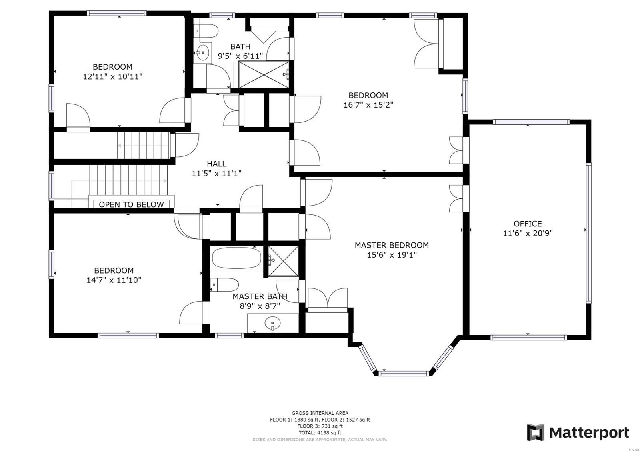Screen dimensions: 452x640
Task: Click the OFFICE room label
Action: (x=528, y=224)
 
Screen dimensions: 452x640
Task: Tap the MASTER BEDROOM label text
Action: (x=391, y=245)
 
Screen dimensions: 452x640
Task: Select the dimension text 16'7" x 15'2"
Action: (x=368, y=105)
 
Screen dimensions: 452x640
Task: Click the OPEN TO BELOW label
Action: (x=131, y=204)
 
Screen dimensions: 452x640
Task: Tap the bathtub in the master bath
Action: (x=236, y=258)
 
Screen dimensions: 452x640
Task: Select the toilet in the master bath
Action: (x=224, y=285)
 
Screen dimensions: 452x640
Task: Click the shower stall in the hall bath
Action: (x=264, y=74)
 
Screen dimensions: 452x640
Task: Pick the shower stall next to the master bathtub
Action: (x=283, y=261)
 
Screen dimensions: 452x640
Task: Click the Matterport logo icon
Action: (x=536, y=432)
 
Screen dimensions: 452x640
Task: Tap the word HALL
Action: (x=216, y=164)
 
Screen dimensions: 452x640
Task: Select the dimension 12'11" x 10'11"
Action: (x=112, y=76)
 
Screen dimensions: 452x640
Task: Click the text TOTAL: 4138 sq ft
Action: (x=320, y=432)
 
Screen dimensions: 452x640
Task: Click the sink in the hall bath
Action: (x=203, y=52)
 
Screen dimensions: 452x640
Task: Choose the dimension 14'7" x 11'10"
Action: (x=114, y=280)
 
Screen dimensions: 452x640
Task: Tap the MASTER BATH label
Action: (x=260, y=296)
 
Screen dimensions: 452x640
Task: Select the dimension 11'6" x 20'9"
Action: (x=528, y=233)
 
